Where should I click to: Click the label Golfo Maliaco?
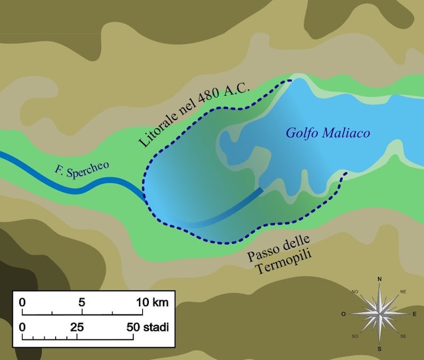point(328,133)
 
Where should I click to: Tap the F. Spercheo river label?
point(82,169)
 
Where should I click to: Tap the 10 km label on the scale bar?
point(152,302)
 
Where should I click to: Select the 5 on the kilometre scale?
point(82,302)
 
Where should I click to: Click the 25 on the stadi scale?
point(77,327)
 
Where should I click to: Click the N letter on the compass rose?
point(379,279)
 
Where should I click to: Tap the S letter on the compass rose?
point(379,349)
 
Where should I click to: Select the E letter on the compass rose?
point(415,314)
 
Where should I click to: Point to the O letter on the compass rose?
point(344,314)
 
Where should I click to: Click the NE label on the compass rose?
point(403,292)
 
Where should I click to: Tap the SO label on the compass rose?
point(356,337)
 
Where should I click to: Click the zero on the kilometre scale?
point(23,302)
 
